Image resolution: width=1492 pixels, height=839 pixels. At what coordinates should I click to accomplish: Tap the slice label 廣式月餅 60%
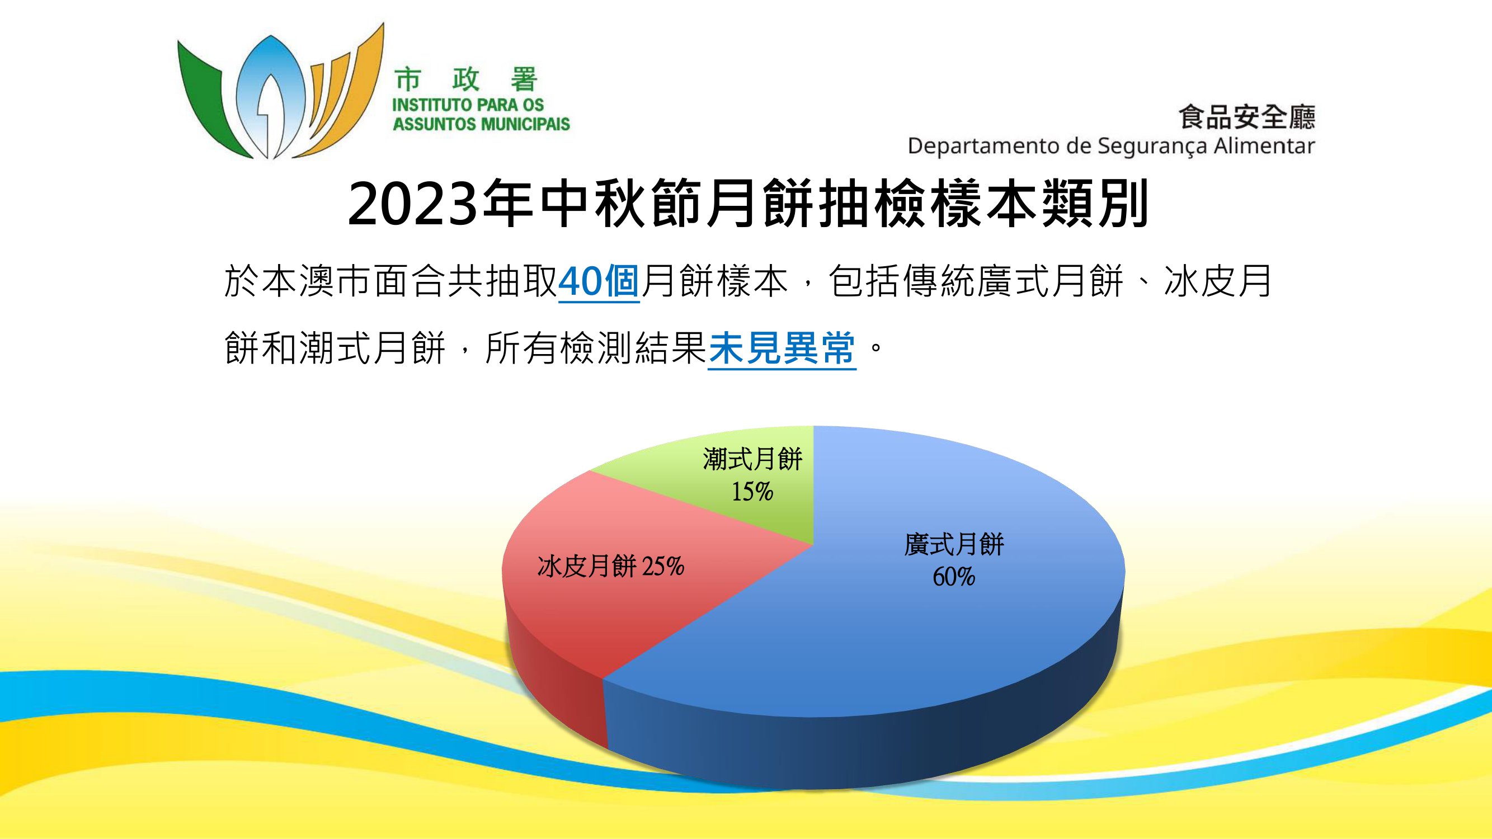tap(954, 560)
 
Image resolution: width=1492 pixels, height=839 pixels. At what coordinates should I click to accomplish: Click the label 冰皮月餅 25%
tap(611, 565)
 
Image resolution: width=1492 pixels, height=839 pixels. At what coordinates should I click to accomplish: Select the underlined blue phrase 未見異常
tap(782, 348)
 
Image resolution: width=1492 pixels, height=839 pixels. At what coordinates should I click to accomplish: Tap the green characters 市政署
tap(466, 80)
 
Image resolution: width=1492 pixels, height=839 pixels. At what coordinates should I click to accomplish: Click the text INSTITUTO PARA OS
tap(468, 105)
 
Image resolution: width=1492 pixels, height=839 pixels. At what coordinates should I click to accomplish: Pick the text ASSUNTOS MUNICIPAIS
tap(481, 124)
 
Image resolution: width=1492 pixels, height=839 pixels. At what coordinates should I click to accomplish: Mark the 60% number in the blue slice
tap(954, 577)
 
